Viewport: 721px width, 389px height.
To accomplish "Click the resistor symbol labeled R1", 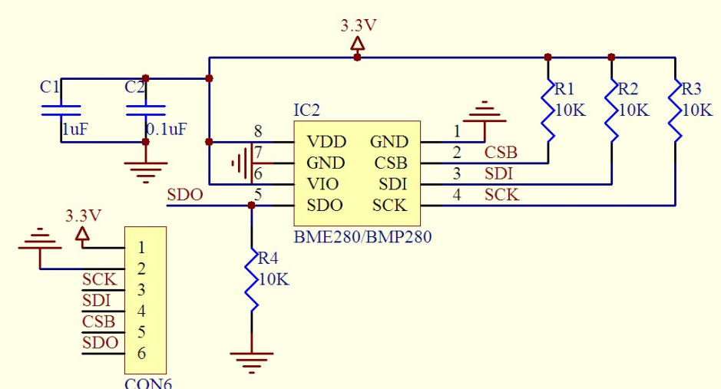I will (548, 111).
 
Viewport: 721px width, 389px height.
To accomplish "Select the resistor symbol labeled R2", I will (612, 111).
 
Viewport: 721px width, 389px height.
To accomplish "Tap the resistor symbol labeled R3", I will (676, 111).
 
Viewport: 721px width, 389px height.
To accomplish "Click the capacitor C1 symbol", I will (61, 110).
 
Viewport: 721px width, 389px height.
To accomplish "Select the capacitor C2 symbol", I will (146, 110).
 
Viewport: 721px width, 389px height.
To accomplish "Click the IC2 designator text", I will (306, 110).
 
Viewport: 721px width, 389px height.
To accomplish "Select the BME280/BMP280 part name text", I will (362, 236).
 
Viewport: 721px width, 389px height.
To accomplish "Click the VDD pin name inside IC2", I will (326, 142).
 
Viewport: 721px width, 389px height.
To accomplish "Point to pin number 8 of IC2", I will (258, 131).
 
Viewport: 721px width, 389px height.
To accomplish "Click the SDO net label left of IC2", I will (185, 195).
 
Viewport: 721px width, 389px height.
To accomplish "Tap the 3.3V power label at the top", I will (359, 26).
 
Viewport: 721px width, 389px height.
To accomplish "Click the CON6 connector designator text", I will (148, 383).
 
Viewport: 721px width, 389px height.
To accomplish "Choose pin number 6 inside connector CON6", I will (141, 354).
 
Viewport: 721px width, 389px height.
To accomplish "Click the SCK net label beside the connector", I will (99, 280).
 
